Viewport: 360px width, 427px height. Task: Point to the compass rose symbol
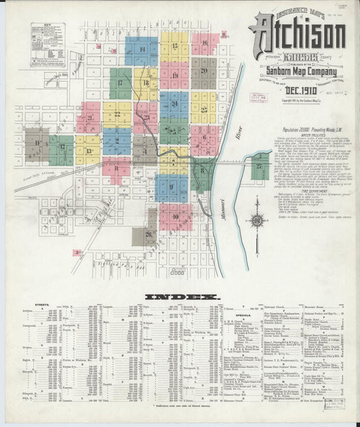(x=257, y=220)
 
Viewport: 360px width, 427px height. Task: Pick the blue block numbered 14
(x=141, y=50)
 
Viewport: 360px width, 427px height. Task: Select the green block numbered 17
(x=120, y=83)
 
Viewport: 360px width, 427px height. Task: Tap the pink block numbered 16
(x=204, y=44)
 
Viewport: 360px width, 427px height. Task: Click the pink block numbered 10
(x=175, y=216)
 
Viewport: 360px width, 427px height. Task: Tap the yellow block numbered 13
(x=88, y=151)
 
